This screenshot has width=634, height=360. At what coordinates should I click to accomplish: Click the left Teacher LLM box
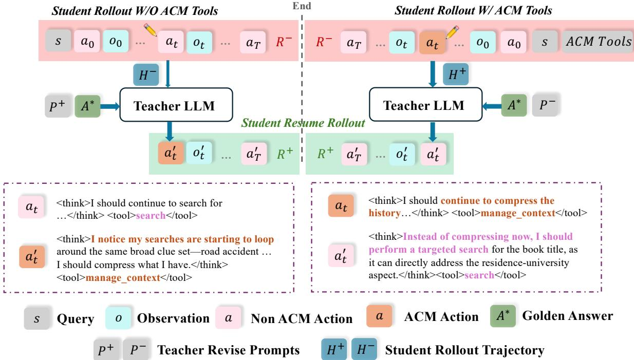click(176, 105)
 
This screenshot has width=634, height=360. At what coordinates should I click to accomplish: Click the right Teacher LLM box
click(426, 104)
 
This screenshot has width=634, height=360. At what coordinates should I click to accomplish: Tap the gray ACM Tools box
click(598, 42)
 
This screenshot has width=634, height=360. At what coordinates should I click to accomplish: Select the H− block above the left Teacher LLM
click(146, 74)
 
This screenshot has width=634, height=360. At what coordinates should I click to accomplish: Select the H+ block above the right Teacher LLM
click(456, 74)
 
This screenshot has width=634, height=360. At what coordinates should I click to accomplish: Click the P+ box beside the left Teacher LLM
click(58, 106)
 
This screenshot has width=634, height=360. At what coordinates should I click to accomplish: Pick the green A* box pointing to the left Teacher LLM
click(87, 106)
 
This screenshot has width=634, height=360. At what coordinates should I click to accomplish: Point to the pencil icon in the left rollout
click(151, 30)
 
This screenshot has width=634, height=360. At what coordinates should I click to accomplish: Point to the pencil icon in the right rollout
click(452, 32)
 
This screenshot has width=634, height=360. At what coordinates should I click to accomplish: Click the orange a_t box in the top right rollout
click(432, 43)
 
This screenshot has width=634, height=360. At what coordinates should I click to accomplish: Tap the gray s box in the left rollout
click(58, 41)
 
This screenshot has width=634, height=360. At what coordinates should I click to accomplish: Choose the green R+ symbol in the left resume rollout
click(285, 154)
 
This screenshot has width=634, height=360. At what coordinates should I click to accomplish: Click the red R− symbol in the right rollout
click(324, 42)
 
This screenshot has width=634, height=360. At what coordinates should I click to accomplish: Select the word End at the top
click(302, 6)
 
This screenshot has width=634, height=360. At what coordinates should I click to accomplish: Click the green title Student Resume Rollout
click(303, 123)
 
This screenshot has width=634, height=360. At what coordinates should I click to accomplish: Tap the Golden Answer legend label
click(568, 315)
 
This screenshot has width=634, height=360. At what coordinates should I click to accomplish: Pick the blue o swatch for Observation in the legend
click(118, 318)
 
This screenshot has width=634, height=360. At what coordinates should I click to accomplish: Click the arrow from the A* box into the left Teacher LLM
click(110, 106)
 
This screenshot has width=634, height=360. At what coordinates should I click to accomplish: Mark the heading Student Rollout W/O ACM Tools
click(135, 11)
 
